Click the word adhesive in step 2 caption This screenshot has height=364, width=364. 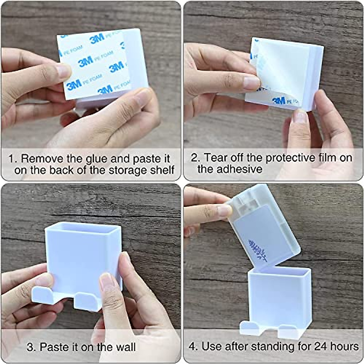pos(230,169)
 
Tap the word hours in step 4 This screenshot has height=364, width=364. pos(345,346)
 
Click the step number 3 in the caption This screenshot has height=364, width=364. pos(30,347)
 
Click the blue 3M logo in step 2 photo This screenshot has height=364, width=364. pos(278,101)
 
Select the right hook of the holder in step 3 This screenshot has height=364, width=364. pos(88,300)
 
